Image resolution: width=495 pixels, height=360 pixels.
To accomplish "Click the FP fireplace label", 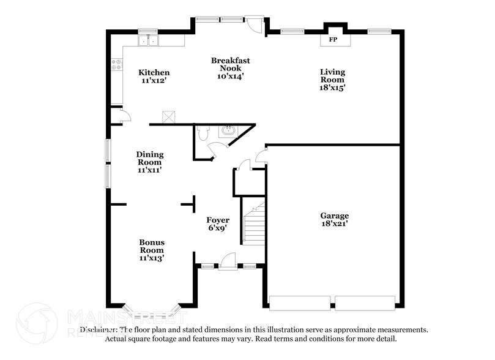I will [333, 40].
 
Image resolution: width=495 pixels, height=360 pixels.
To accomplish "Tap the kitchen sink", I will [148, 41].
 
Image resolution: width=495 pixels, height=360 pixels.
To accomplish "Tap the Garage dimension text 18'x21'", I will [334, 225].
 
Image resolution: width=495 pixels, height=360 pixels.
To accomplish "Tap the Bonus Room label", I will [151, 246].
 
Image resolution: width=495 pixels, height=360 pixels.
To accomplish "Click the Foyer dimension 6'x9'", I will [217, 229].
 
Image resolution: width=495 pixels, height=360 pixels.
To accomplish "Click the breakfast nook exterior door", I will [253, 23].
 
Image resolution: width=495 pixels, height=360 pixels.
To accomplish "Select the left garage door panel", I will [300, 302].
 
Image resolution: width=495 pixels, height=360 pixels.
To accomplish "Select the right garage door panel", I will [365, 302].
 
